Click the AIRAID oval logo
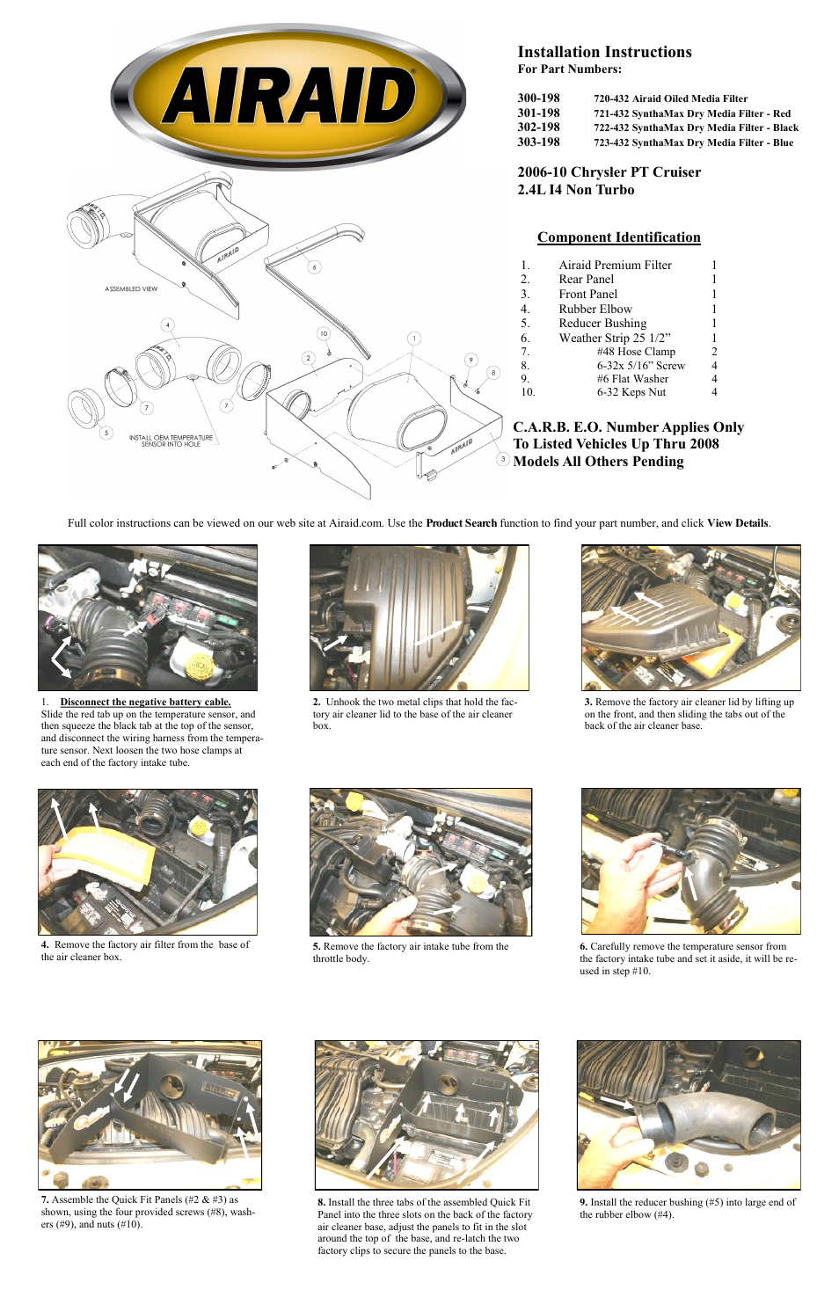tap(288, 96)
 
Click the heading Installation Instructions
tap(604, 52)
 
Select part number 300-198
tap(538, 98)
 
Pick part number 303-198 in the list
tap(538, 142)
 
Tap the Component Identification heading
tap(618, 237)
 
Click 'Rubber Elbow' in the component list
tap(595, 309)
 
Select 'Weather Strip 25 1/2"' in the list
tap(614, 338)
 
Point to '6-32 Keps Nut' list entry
tap(631, 392)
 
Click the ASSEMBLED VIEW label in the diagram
tap(131, 288)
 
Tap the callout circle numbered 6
tap(314, 266)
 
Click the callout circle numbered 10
tap(324, 333)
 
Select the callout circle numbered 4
tap(167, 324)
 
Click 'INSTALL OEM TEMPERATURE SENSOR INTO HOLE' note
tap(171, 441)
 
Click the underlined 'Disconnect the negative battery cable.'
tap(145, 702)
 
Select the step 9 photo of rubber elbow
tap(689, 1114)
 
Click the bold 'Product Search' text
tap(461, 523)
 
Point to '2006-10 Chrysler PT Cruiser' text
tap(609, 172)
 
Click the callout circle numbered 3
tap(503, 458)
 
